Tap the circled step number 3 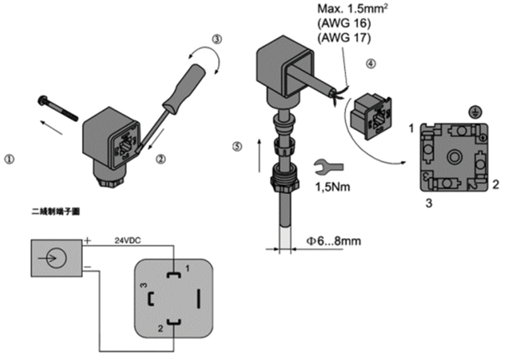(x=217, y=40)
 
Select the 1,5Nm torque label (x=333, y=187)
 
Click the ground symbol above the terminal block (x=470, y=112)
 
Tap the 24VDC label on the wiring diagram (x=129, y=241)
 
